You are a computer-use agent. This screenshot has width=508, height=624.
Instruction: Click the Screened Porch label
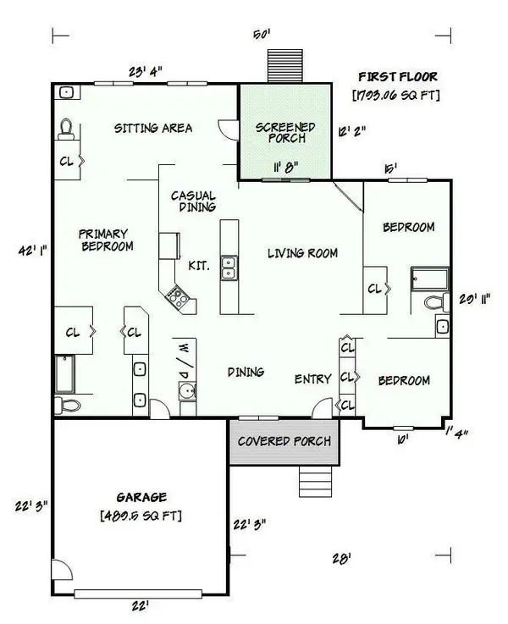pos(285,134)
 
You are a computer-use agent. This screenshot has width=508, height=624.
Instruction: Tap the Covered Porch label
pos(283,441)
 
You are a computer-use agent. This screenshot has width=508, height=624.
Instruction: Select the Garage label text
pos(141,497)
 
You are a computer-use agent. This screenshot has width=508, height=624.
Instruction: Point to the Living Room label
pos(302,252)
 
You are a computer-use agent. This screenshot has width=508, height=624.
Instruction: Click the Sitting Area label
pos(153,128)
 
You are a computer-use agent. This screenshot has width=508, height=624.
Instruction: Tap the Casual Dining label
pos(193,201)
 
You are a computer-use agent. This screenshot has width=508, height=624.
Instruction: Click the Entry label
pos(312,378)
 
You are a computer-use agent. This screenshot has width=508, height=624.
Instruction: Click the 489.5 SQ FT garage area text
pos(141,515)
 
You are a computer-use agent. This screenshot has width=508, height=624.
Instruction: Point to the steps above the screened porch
pos(279,65)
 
